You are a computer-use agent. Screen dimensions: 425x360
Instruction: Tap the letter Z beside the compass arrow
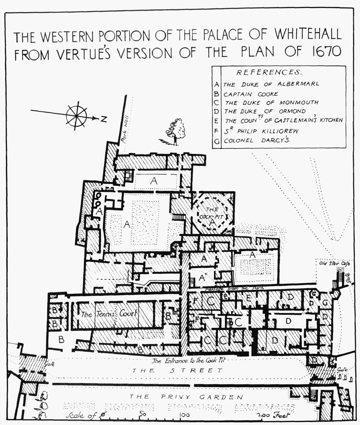click(x=103, y=119)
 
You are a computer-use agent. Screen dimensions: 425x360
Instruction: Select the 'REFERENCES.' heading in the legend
click(x=269, y=73)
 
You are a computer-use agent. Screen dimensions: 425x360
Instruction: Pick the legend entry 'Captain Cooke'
click(x=251, y=94)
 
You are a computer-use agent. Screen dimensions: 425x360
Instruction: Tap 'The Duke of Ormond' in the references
click(x=265, y=111)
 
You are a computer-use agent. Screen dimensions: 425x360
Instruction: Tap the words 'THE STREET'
click(x=177, y=371)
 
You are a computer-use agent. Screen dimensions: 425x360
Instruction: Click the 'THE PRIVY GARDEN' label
click(x=186, y=397)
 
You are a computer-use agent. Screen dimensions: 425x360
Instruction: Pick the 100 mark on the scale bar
click(x=184, y=415)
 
